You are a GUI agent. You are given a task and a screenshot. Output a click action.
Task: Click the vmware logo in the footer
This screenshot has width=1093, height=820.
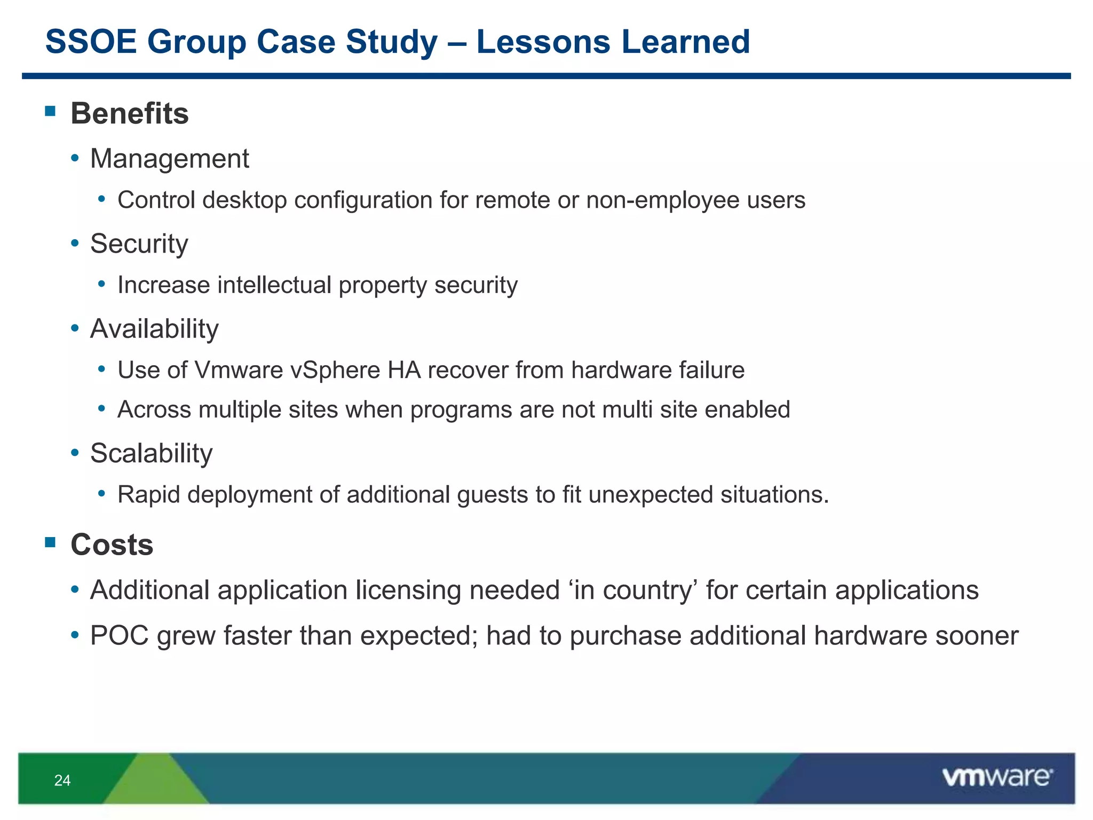997,777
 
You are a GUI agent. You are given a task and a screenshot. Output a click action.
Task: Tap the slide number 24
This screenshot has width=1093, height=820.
62,780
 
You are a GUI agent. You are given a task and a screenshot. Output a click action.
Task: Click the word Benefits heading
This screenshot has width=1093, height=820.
130,114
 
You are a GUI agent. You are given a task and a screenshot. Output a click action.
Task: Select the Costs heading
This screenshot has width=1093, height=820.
112,545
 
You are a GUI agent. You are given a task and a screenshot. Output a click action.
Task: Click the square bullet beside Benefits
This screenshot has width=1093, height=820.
51,111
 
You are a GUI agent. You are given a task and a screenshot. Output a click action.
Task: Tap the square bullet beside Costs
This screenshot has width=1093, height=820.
51,542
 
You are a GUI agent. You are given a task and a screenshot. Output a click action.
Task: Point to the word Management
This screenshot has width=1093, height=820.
169,159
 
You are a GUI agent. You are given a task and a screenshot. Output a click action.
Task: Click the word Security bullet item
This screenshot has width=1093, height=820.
139,244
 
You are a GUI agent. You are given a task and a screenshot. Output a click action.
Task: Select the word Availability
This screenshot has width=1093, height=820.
154,329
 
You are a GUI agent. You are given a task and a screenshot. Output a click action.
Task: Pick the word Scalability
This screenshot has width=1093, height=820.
151,453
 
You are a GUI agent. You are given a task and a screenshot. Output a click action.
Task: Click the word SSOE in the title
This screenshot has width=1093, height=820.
91,42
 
